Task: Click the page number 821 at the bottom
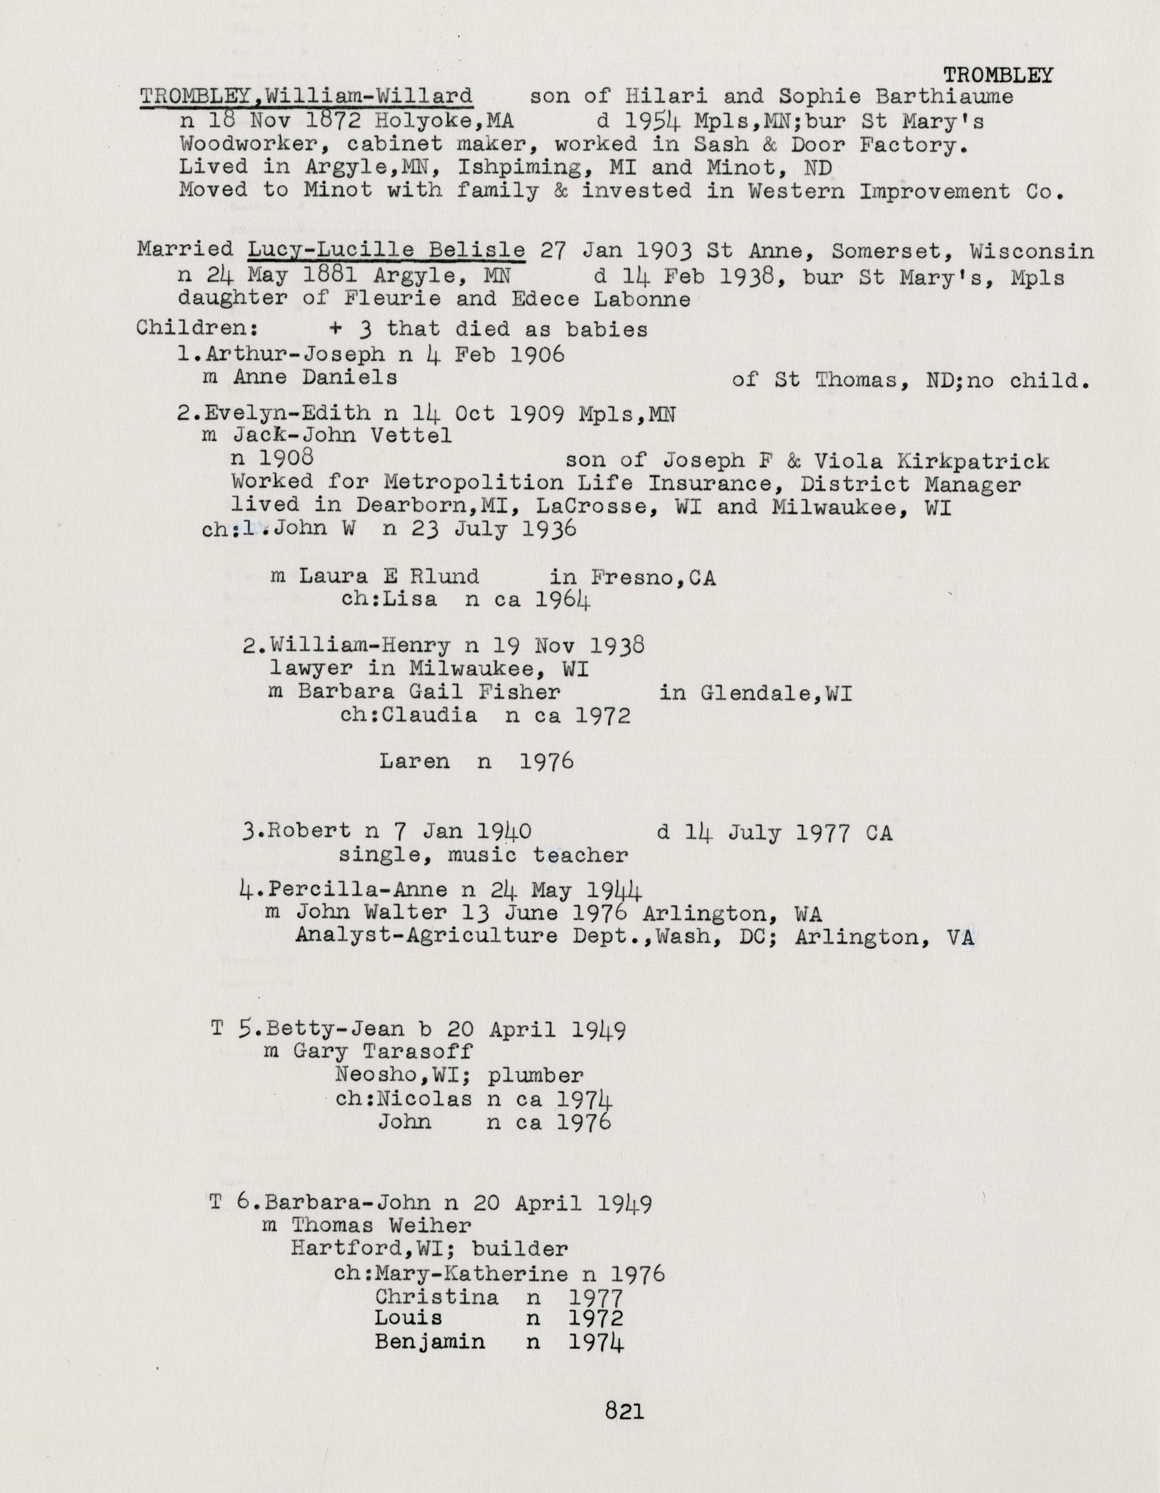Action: pos(624,1410)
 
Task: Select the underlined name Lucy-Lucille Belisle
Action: pos(386,250)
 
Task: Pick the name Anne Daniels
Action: pos(314,377)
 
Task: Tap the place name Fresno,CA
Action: pos(653,578)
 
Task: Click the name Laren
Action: pos(414,762)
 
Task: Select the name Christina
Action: pos(437,1297)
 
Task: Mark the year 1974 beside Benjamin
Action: pos(596,1343)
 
